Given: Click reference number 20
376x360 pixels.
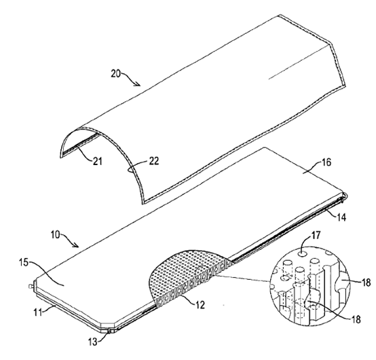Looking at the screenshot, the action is pos(115,73).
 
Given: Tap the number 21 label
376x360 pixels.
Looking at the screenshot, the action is pos(98,161).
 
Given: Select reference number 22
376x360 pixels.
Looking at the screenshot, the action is pos(154,161).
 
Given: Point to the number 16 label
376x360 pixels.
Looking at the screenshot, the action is pos(326,162).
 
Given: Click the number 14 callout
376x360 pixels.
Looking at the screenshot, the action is pos(341,217).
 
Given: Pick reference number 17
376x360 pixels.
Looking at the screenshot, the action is pos(316,235).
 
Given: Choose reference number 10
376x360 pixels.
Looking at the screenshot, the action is pos(56,234).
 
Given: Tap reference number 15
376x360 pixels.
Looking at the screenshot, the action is pos(24,262).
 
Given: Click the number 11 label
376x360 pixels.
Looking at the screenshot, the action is pos(38,312).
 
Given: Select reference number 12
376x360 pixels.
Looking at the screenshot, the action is pos(200,305).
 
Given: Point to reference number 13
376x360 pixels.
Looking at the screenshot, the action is pos(93,342).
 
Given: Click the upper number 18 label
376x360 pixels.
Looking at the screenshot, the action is pos(366,283).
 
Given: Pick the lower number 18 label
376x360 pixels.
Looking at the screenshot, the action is pos(356,319).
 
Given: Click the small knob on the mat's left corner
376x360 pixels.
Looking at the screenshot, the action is pos(31,287).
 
